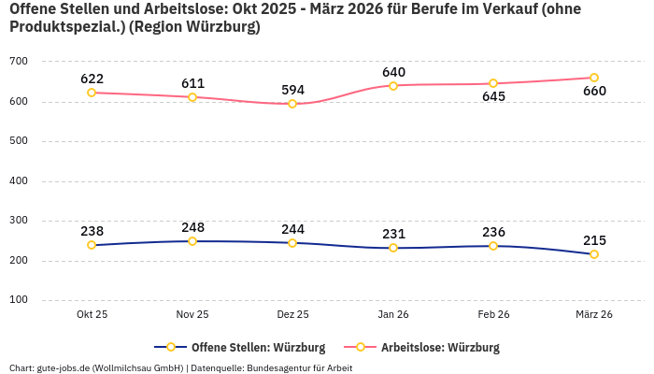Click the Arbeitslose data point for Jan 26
tap(393, 86)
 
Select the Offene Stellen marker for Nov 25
tap(192, 241)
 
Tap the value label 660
tap(594, 92)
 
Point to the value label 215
tap(594, 239)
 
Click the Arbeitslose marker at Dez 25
tap(292, 104)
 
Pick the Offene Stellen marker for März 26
tap(594, 254)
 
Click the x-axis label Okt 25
tap(92, 314)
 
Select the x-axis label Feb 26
tap(493, 314)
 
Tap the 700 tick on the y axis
tap(45, 62)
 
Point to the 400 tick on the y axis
tap(45, 181)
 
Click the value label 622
tap(92, 79)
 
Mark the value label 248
tap(192, 227)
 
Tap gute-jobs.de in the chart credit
tap(63, 367)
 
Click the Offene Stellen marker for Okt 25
tap(92, 245)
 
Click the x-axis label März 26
tap(594, 314)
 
